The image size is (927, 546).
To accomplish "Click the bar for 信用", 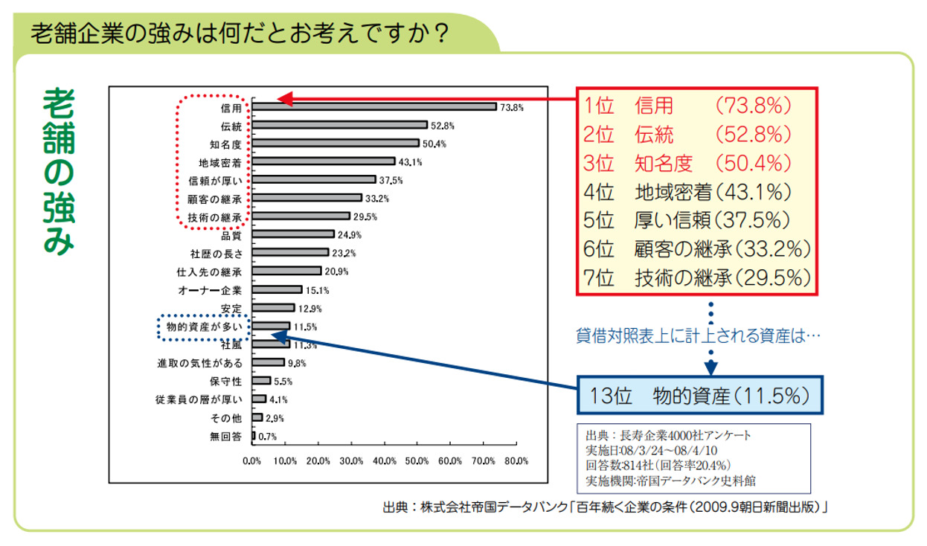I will (374, 106).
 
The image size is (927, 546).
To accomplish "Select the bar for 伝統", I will (339, 125).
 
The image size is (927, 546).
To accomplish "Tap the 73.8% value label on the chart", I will (512, 107).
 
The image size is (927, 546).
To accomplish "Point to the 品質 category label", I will (231, 235).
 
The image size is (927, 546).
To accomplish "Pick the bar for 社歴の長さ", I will (290, 253).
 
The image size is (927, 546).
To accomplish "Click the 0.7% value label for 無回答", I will (266, 437).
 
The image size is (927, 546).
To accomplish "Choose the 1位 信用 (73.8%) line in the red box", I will (687, 106).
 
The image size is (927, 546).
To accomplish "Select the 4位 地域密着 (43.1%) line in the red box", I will (687, 192).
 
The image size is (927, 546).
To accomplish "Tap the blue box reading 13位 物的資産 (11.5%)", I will (701, 394).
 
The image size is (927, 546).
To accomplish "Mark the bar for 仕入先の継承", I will (286, 272).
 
